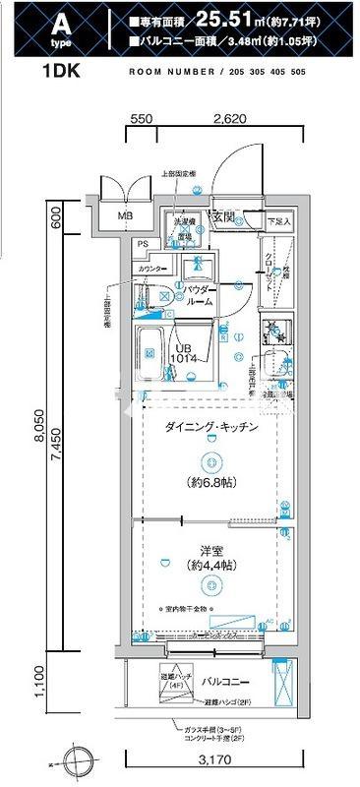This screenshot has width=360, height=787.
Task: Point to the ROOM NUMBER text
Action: point(164,73)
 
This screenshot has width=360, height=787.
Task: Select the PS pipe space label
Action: point(144,245)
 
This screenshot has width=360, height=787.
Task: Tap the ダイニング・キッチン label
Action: point(210,427)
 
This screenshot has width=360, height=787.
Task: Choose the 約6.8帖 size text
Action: point(210,483)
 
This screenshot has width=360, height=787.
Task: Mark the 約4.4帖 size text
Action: point(210,566)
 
